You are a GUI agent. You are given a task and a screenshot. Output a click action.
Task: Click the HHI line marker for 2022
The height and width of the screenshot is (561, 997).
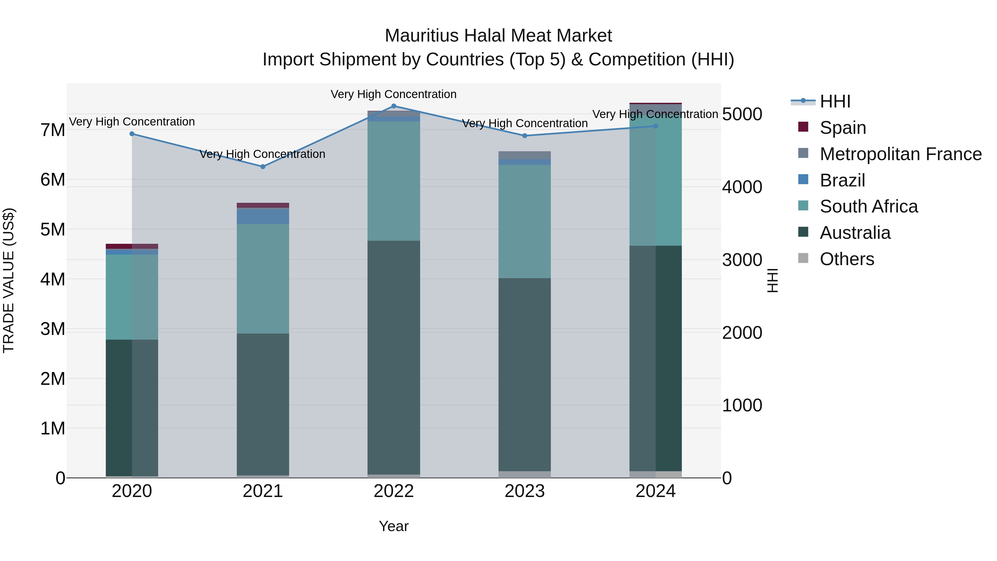pyautogui.click(x=394, y=106)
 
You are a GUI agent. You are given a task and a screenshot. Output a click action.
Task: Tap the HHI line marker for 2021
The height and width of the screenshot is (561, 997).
pyautogui.click(x=263, y=166)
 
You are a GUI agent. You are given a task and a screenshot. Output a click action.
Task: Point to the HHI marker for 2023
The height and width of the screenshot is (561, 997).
pyautogui.click(x=525, y=135)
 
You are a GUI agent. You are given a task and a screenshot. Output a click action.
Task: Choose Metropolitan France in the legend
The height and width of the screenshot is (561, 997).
pyautogui.click(x=900, y=154)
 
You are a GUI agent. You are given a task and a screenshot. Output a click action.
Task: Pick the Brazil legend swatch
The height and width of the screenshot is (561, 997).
pyautogui.click(x=803, y=180)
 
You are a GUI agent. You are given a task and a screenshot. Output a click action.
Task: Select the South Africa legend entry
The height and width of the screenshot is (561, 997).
pyautogui.click(x=868, y=206)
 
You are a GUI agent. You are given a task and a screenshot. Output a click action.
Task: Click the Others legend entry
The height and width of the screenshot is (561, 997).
pyautogui.click(x=847, y=259)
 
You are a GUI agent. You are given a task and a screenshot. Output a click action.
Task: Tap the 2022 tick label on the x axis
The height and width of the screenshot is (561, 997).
pyautogui.click(x=394, y=491)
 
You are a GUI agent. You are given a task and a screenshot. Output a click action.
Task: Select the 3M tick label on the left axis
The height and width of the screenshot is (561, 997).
pyautogui.click(x=53, y=329)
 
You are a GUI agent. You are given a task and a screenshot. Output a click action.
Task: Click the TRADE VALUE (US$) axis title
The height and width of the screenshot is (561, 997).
pyautogui.click(x=9, y=280)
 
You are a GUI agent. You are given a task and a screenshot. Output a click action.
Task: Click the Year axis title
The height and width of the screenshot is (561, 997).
pyautogui.click(x=394, y=526)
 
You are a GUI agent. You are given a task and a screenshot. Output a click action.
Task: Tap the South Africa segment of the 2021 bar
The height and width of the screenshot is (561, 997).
pyautogui.click(x=263, y=279)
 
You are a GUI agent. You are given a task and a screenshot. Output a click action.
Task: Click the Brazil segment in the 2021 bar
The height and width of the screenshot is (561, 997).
pyautogui.click(x=263, y=216)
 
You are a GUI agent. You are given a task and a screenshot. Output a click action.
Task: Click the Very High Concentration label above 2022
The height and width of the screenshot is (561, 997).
pyautogui.click(x=394, y=94)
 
